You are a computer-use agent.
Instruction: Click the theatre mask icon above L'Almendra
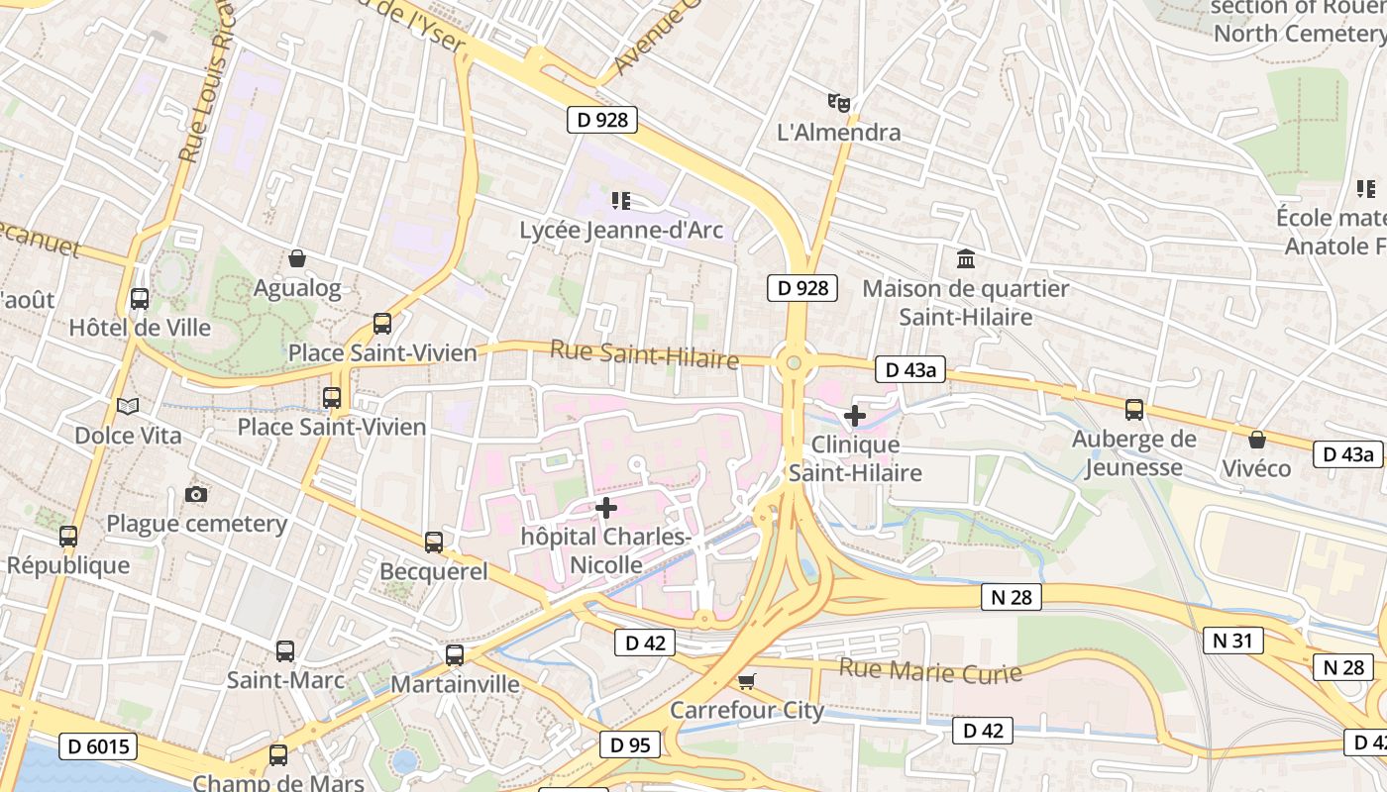(x=839, y=102)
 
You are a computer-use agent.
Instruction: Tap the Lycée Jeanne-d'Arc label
(x=621, y=231)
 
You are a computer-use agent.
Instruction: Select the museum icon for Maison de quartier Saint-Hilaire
(x=965, y=259)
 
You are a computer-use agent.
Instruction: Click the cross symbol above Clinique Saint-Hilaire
(x=855, y=416)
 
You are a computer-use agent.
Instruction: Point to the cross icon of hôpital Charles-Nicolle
(x=606, y=508)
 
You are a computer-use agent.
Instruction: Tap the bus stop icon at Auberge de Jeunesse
(x=1134, y=409)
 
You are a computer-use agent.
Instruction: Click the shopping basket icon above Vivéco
(x=1256, y=439)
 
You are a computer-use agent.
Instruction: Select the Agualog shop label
(x=297, y=289)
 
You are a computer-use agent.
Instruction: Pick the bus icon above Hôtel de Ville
(x=140, y=298)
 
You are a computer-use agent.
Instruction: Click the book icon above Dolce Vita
(x=128, y=406)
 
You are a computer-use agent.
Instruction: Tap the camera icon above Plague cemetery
(x=196, y=494)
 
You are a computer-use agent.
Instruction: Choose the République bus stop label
(x=68, y=565)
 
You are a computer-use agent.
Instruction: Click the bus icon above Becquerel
(x=434, y=542)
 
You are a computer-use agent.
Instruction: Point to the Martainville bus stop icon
(x=455, y=654)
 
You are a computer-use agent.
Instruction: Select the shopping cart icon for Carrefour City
(x=747, y=681)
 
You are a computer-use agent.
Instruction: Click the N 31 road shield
(x=1232, y=641)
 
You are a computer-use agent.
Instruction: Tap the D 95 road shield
(x=630, y=744)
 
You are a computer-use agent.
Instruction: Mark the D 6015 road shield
(x=97, y=746)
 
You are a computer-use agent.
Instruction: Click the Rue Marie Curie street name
(x=929, y=671)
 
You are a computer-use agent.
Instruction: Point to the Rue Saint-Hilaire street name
(x=644, y=353)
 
